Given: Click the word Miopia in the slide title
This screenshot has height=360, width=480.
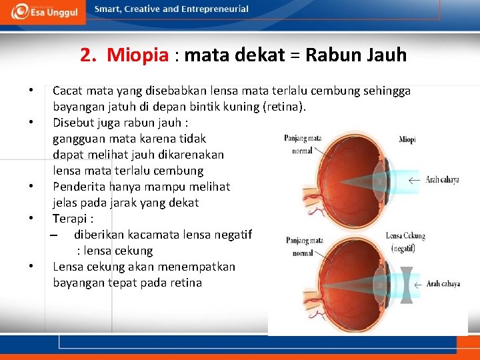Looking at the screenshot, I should point(137,55).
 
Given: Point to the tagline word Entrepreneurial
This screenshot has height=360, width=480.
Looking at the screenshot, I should point(215,9).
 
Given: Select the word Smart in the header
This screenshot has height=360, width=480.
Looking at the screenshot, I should point(107,9).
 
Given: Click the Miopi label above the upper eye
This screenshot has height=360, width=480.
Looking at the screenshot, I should point(407,139).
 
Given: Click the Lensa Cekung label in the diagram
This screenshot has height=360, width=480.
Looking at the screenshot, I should point(405,236).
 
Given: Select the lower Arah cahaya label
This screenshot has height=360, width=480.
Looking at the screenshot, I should point(442,284).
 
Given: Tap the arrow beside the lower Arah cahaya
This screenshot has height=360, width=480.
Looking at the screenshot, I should point(416,284).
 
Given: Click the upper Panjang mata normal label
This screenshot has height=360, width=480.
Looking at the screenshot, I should point(303,144).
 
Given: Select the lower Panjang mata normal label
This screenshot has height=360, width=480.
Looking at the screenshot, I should point(304,247).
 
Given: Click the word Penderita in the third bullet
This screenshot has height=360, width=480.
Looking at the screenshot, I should point(79,187).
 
